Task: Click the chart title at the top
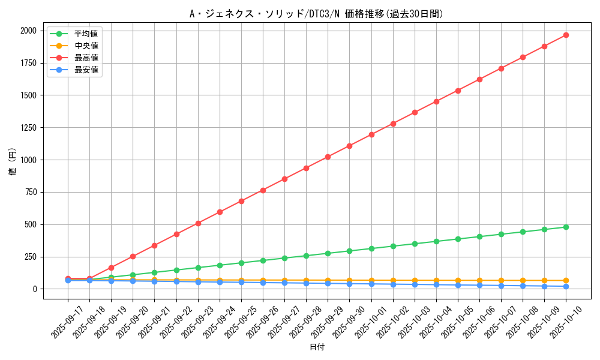(316, 14)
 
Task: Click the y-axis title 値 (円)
(13, 162)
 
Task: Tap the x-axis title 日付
(316, 347)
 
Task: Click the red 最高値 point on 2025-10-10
(566, 35)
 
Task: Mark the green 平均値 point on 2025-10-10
(566, 227)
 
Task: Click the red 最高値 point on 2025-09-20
(133, 256)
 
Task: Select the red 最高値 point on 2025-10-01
(371, 134)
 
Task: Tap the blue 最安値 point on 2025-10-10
(566, 286)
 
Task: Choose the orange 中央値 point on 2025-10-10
(566, 281)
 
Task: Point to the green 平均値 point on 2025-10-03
(415, 244)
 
